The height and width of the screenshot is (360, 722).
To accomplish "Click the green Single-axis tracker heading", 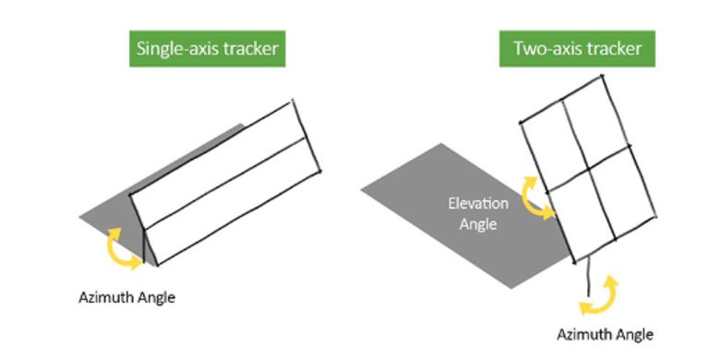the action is [x=207, y=49].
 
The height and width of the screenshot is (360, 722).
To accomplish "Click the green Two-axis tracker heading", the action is [x=577, y=49].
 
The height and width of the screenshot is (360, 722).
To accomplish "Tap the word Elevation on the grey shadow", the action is [x=478, y=203].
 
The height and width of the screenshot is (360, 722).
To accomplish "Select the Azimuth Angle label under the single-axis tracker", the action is [x=126, y=298].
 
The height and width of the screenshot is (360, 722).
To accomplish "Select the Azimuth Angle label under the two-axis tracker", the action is [x=605, y=334].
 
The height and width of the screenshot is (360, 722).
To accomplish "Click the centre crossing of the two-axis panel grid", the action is [x=588, y=169].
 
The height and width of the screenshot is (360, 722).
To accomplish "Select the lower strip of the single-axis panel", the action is [x=233, y=201].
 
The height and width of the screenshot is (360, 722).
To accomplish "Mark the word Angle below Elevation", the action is [x=478, y=224].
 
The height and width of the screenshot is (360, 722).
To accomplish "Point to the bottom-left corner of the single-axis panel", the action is [x=158, y=266].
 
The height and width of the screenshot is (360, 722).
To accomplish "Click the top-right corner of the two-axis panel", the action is [x=602, y=76].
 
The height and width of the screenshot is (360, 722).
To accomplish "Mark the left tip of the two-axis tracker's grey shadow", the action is [x=361, y=189].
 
